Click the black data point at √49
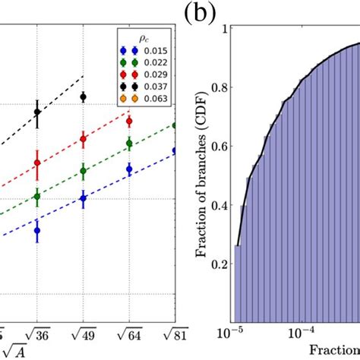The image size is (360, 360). [x=83, y=96]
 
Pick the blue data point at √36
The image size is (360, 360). [x=37, y=230]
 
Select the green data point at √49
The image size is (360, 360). [x=83, y=171]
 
